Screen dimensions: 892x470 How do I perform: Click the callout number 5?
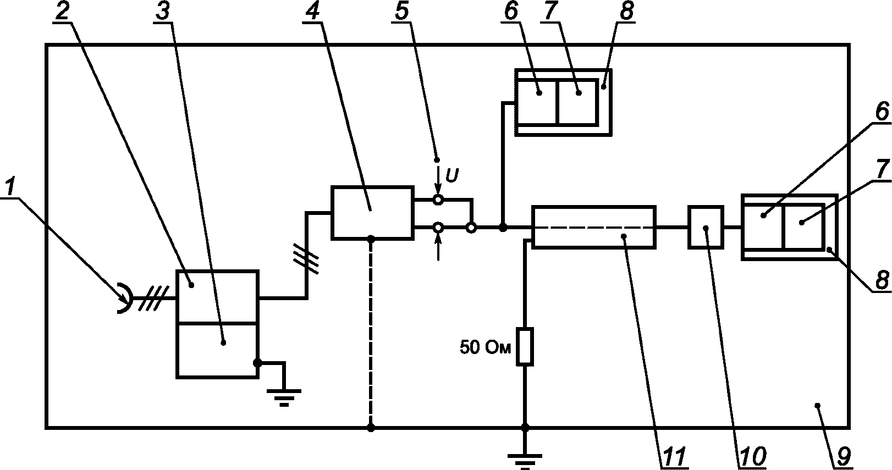click(x=402, y=11)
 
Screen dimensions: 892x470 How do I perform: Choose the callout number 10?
click(x=753, y=456)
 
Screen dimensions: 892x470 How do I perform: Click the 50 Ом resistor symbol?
click(x=525, y=346)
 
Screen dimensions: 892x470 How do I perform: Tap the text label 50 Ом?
click(x=485, y=347)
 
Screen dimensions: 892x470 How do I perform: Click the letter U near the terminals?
click(x=451, y=175)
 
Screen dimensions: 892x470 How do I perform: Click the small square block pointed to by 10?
click(x=706, y=227)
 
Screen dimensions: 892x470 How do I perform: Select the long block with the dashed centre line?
click(x=594, y=227)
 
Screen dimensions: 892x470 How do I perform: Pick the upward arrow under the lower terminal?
click(x=438, y=247)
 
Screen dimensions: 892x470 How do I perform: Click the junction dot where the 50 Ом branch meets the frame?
click(x=525, y=428)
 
